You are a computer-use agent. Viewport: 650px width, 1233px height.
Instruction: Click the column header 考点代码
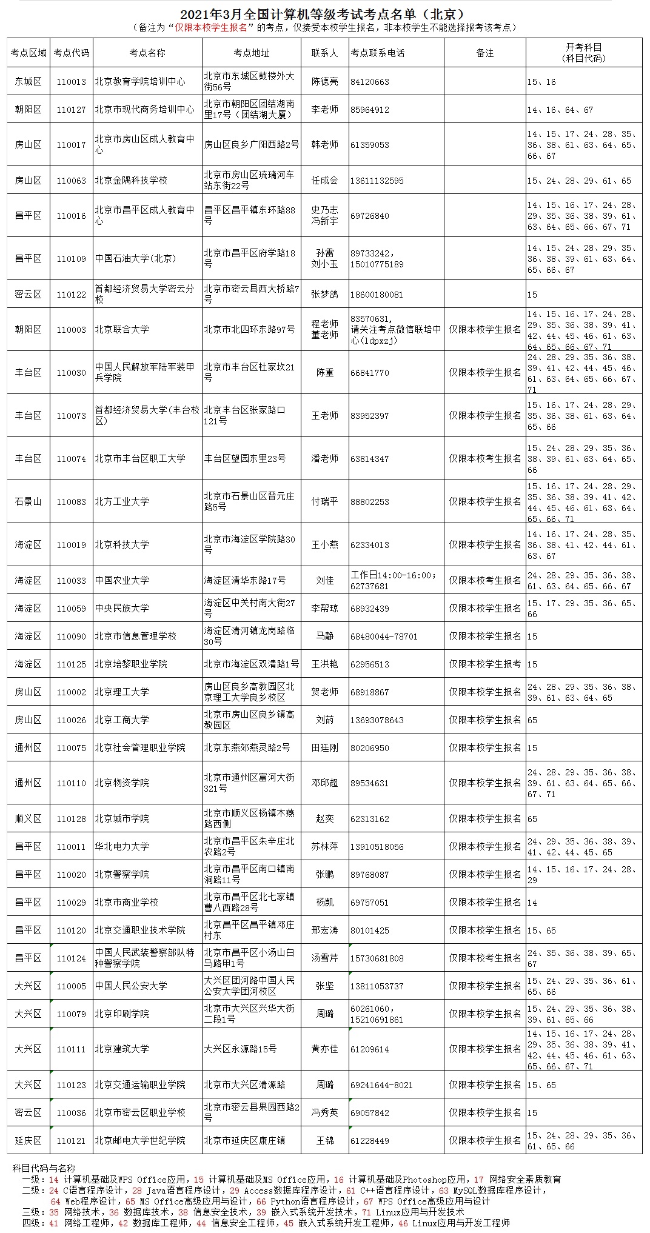[x=72, y=53]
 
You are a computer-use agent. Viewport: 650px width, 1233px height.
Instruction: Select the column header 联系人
[x=324, y=53]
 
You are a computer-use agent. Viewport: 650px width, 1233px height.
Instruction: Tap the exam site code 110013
[x=72, y=82]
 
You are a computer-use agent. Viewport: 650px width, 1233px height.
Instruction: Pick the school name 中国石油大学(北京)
[x=135, y=258]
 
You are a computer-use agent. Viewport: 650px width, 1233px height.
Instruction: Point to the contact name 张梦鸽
[x=324, y=295]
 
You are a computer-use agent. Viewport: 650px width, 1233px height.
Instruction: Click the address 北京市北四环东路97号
[x=249, y=330]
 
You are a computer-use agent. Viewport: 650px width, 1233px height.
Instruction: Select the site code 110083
[x=72, y=502]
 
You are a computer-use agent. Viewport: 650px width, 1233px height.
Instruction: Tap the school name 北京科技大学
[x=122, y=545]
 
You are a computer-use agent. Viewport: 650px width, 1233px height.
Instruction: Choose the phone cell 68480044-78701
[x=384, y=637]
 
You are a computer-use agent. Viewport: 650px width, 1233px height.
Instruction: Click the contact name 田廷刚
[x=324, y=748]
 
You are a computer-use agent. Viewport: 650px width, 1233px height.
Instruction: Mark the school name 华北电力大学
[x=122, y=847]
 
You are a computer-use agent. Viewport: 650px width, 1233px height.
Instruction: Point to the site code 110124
[x=72, y=958]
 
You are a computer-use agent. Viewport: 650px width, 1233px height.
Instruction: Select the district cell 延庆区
[x=28, y=1140]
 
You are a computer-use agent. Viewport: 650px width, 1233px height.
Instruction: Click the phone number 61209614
[x=369, y=1049]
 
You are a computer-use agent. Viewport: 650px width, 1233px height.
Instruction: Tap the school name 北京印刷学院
[x=122, y=1014]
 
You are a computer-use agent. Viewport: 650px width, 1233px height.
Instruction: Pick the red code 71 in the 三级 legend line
[x=366, y=1212]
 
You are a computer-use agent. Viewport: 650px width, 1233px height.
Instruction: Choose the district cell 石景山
[x=28, y=502]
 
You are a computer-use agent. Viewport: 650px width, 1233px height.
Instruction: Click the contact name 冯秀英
[x=324, y=1113]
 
